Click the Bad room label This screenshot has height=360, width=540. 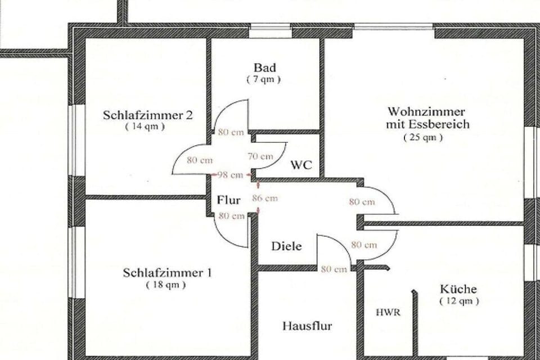[265, 67]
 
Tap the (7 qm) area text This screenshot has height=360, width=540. [264, 79]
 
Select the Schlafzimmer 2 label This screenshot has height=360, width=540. [148, 115]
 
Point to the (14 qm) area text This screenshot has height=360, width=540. [145, 126]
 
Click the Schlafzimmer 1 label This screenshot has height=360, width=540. [168, 273]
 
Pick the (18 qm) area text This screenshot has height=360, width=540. [166, 285]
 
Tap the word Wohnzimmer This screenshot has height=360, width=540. [426, 111]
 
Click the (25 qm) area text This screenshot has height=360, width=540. [423, 137]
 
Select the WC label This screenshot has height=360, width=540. [301, 165]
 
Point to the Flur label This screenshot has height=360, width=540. [229, 200]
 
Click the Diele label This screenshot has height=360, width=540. [286, 246]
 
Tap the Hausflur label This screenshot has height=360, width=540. [307, 326]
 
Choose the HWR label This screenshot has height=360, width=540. [388, 312]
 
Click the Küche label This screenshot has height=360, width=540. [458, 289]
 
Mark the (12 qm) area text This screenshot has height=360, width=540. [460, 301]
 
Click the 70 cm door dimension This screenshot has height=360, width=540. [260, 156]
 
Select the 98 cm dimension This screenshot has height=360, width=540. [231, 175]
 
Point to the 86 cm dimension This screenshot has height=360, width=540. [265, 198]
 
